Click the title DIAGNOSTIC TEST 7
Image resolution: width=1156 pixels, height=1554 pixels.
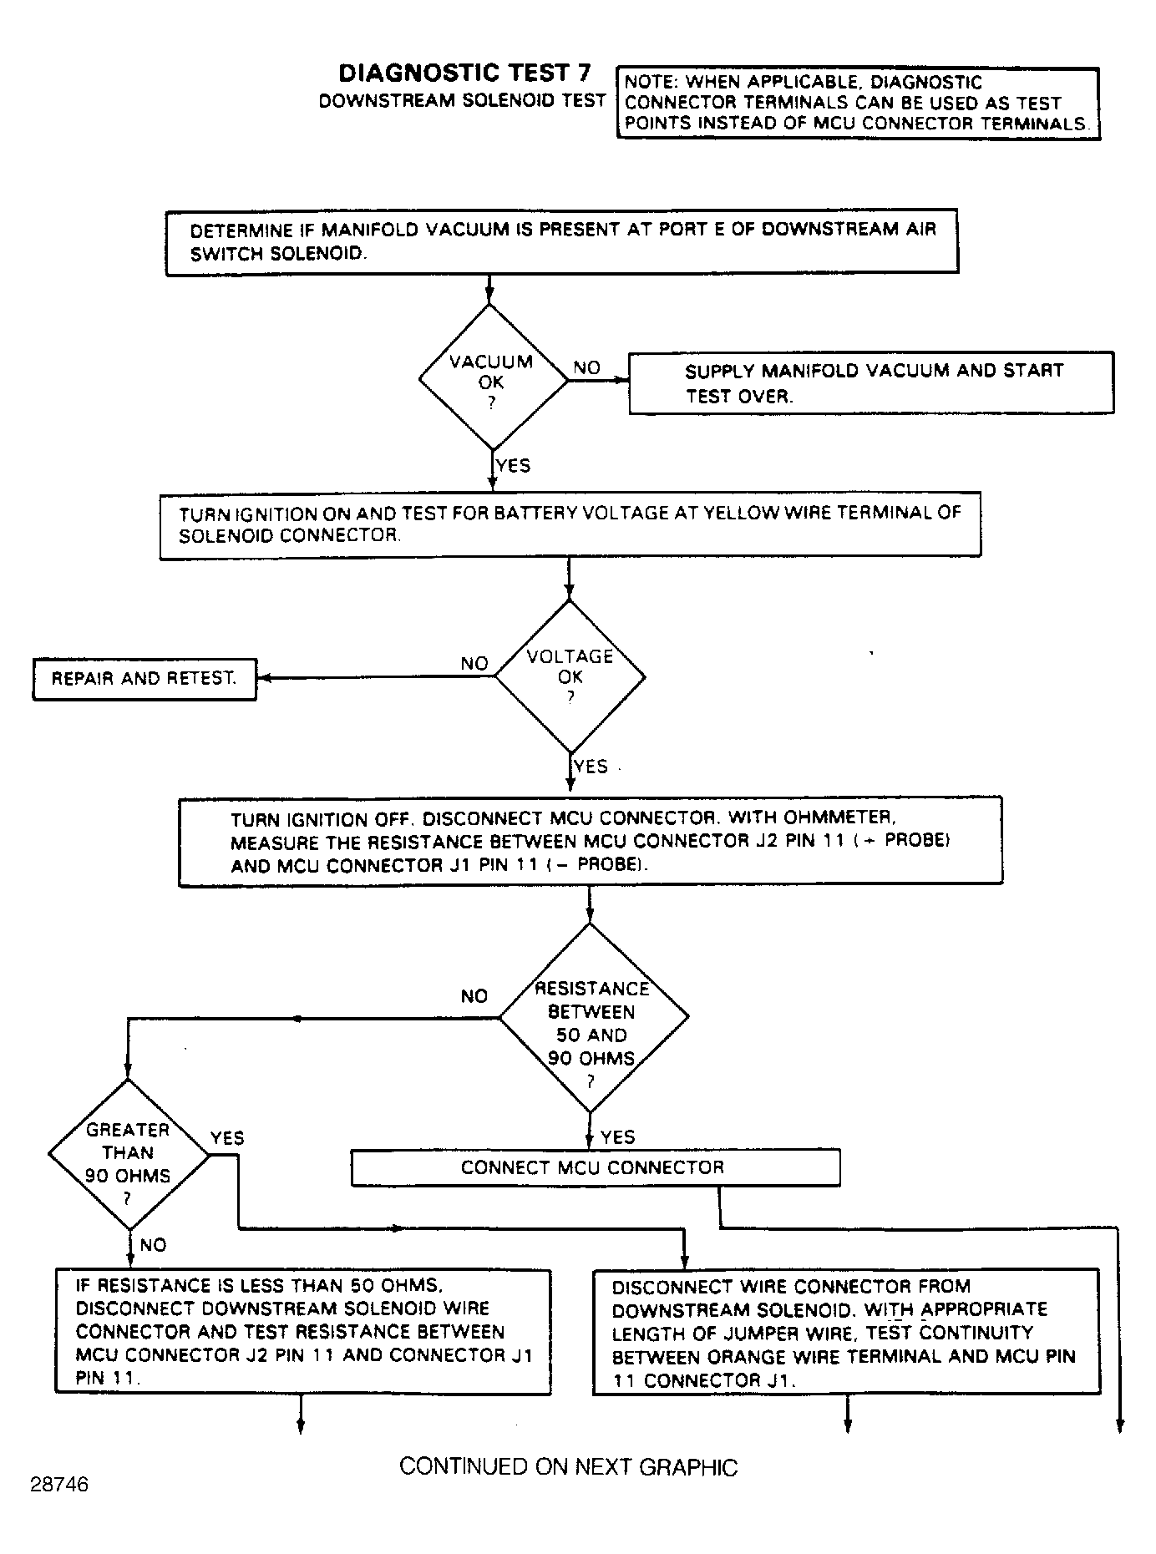click(465, 73)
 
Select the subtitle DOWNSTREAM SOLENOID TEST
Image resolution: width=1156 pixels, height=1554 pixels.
click(462, 101)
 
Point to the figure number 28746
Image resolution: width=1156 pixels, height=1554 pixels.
click(59, 1485)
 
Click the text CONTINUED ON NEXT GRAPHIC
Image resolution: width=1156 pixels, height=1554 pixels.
click(569, 1467)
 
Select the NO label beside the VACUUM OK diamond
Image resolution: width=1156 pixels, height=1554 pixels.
click(586, 367)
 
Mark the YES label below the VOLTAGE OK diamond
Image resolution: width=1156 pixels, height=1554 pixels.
click(591, 767)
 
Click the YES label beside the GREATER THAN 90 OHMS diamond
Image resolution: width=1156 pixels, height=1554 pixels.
click(227, 1138)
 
